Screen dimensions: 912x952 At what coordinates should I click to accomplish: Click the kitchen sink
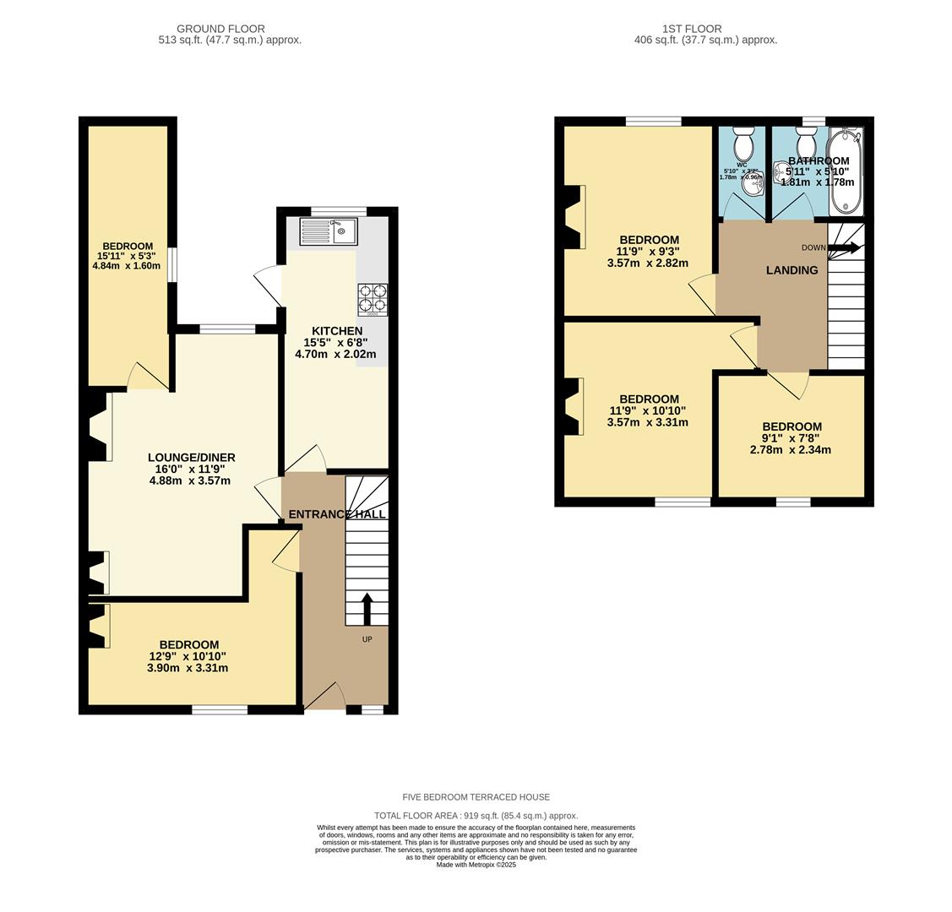(329, 231)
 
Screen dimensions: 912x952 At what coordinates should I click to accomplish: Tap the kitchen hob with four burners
(372, 299)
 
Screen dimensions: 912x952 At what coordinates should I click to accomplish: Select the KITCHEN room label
(337, 331)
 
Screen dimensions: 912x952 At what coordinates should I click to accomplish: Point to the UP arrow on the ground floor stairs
(367, 607)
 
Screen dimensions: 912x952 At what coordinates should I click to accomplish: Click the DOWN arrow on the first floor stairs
(844, 248)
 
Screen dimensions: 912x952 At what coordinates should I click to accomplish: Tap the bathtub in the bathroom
(845, 173)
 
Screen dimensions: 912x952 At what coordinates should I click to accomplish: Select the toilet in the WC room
(743, 144)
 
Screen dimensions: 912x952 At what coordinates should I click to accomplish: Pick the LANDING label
(792, 270)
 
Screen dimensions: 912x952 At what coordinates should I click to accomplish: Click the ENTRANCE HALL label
(337, 514)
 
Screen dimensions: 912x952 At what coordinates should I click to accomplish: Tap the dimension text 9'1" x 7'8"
(791, 438)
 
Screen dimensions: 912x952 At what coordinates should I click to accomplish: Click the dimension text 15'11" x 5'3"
(127, 256)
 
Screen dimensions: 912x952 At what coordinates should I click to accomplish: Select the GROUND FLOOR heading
(220, 29)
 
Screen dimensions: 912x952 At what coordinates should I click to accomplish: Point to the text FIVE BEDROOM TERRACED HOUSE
(476, 797)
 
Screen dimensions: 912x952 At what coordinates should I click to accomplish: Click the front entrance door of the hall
(325, 697)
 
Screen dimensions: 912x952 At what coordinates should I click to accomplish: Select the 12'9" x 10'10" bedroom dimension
(188, 656)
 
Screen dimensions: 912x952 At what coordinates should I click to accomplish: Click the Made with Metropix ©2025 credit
(476, 865)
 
